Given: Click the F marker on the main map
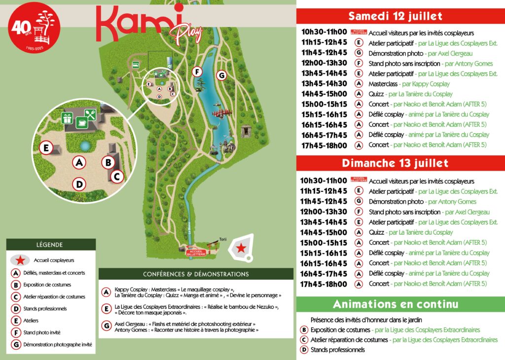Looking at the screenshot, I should tap(197, 72).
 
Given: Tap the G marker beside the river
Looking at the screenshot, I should tap(221, 75).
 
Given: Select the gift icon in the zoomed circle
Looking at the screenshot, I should tap(67, 118).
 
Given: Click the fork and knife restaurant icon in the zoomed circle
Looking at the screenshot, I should tap(90, 115).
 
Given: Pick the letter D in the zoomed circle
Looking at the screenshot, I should tap(78, 184).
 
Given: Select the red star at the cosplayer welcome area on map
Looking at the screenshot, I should tap(241, 249).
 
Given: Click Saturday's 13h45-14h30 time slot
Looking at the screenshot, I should tap(324, 84).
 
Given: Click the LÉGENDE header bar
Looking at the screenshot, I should tap(51, 244).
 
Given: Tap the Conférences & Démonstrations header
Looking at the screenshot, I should tap(196, 274).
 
